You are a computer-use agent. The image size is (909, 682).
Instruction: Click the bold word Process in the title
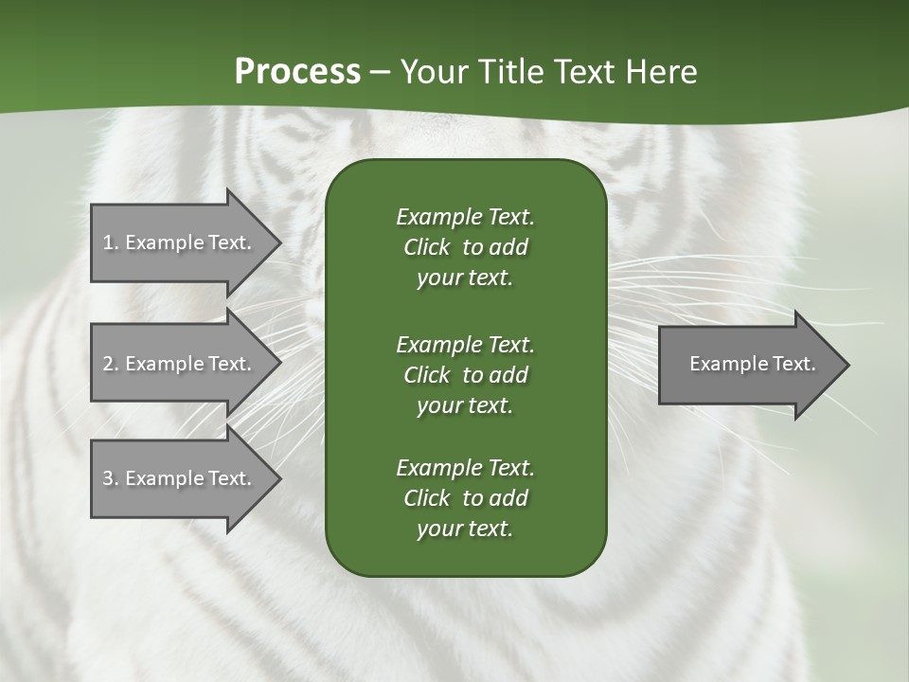(x=297, y=72)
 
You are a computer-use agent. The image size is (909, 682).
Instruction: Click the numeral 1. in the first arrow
(x=110, y=242)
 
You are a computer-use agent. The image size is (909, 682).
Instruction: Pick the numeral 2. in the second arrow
(x=110, y=364)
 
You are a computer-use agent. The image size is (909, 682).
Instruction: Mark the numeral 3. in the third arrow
(x=110, y=478)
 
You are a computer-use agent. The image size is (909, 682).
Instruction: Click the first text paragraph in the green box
(x=465, y=247)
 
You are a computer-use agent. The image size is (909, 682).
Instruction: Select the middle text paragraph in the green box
(x=465, y=375)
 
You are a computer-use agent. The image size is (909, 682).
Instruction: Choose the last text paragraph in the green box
(x=465, y=498)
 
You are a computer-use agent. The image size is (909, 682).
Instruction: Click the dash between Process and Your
(x=380, y=72)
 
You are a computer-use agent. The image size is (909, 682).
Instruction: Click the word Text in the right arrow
(x=793, y=364)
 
